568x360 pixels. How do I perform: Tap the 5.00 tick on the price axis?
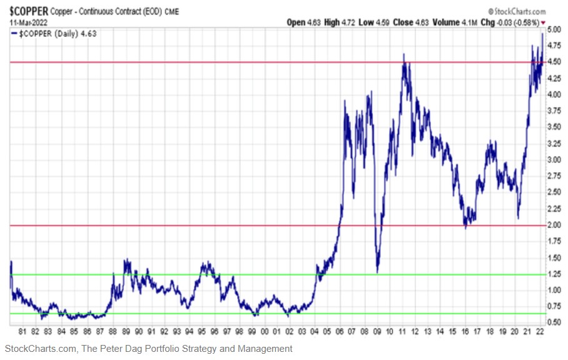[554, 29]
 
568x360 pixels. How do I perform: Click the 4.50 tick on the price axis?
[554, 62]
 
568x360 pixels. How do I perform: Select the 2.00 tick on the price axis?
[554, 225]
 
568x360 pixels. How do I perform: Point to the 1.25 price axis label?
[554, 274]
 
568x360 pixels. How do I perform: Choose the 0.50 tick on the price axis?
[554, 322]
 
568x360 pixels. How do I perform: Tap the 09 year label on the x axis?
[377, 332]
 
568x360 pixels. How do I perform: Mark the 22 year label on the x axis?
[539, 332]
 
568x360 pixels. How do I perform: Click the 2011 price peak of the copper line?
[404, 54]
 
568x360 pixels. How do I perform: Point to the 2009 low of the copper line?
[377, 272]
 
